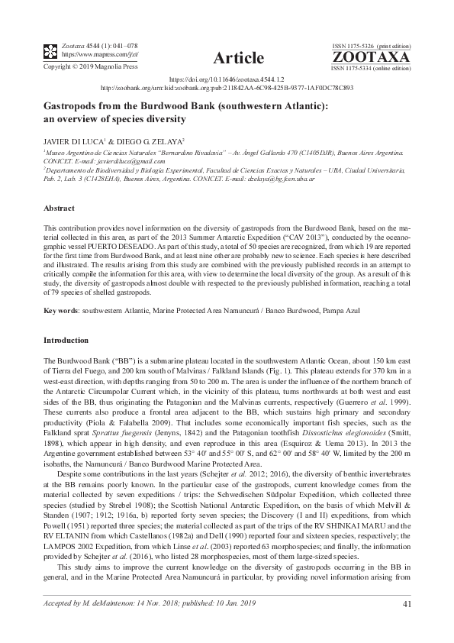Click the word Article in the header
coord(239,58)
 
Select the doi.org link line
coord(226,79)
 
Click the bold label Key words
coord(61,311)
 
